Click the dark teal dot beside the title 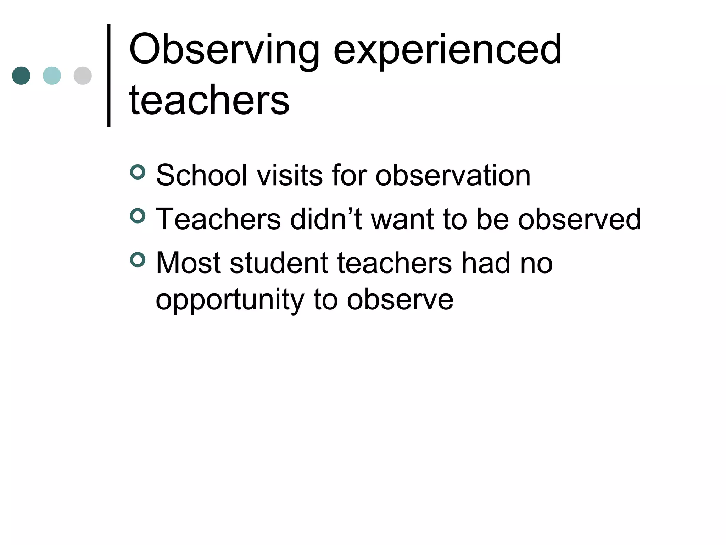pyautogui.click(x=21, y=76)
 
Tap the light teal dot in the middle pyautogui.click(x=52, y=76)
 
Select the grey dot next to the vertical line pyautogui.click(x=83, y=76)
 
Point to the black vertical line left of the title pyautogui.click(x=109, y=76)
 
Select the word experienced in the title pyautogui.click(x=447, y=50)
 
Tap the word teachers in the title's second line pyautogui.click(x=209, y=100)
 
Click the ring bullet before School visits pyautogui.click(x=138, y=172)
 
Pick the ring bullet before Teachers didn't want pyautogui.click(x=138, y=216)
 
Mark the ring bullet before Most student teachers pyautogui.click(x=138, y=260)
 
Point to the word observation pyautogui.click(x=453, y=175)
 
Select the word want pyautogui.click(x=402, y=219)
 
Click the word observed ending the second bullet pyautogui.click(x=580, y=219)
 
